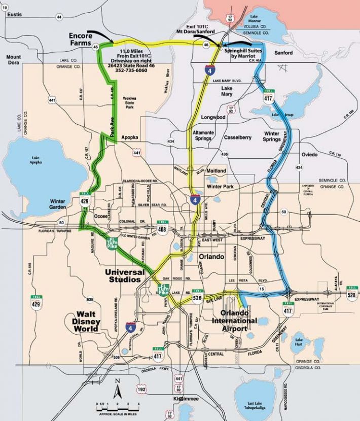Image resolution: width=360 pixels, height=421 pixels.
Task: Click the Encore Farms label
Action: [x=82, y=40]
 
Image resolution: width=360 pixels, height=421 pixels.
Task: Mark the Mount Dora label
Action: [x=14, y=60]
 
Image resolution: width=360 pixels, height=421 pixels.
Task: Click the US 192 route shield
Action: [x=141, y=390]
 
